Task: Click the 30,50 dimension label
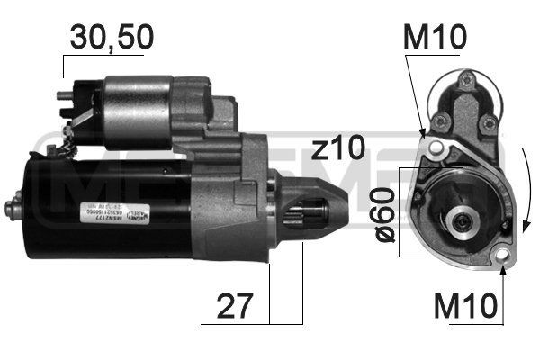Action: click(x=112, y=37)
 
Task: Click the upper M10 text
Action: click(x=436, y=37)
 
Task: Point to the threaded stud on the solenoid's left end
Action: click(x=61, y=94)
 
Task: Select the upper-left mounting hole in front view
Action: click(x=436, y=147)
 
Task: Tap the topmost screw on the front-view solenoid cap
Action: click(x=467, y=82)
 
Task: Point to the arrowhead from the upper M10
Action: click(x=424, y=135)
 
